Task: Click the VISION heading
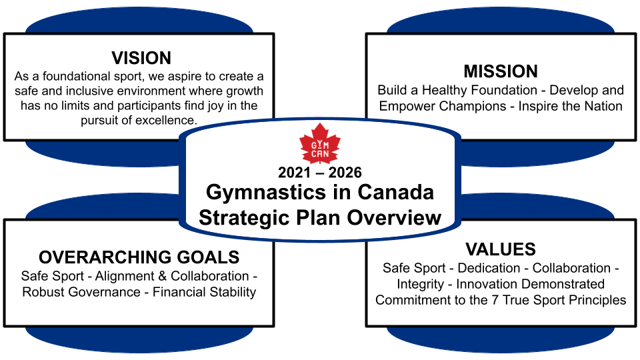pos(141,58)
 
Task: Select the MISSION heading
pos(501,71)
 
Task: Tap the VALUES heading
pos(501,249)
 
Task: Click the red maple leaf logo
pos(319,144)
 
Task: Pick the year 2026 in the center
pos(345,173)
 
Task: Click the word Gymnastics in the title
pos(266,193)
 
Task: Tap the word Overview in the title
pos(394,217)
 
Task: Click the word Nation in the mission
pos(603,106)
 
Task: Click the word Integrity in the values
pos(421,284)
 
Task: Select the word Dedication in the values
pos(489,268)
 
